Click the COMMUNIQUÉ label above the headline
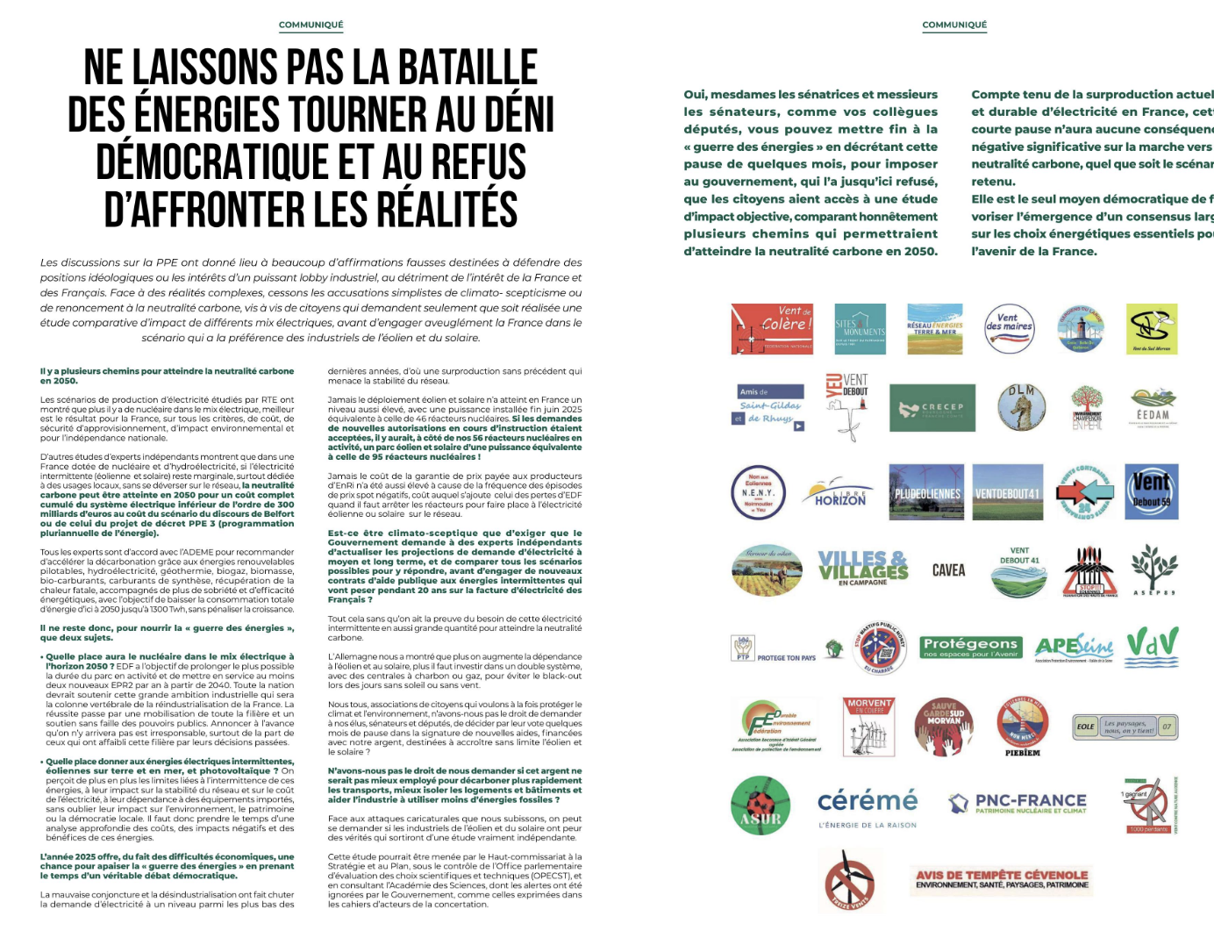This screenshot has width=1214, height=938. point(311,25)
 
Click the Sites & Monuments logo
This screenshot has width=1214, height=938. point(860,329)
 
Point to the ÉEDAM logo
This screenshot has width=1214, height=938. point(1153,408)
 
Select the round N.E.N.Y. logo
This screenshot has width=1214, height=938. point(758,492)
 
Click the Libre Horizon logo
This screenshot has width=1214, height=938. point(839,494)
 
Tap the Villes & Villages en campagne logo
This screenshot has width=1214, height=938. point(862,568)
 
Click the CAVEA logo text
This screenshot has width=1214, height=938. point(948,571)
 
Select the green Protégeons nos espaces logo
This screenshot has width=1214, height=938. point(970,647)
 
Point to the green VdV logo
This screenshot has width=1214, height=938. point(1152,643)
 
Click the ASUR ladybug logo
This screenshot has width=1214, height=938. point(760,806)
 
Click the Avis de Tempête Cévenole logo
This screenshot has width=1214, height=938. point(1002,879)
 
